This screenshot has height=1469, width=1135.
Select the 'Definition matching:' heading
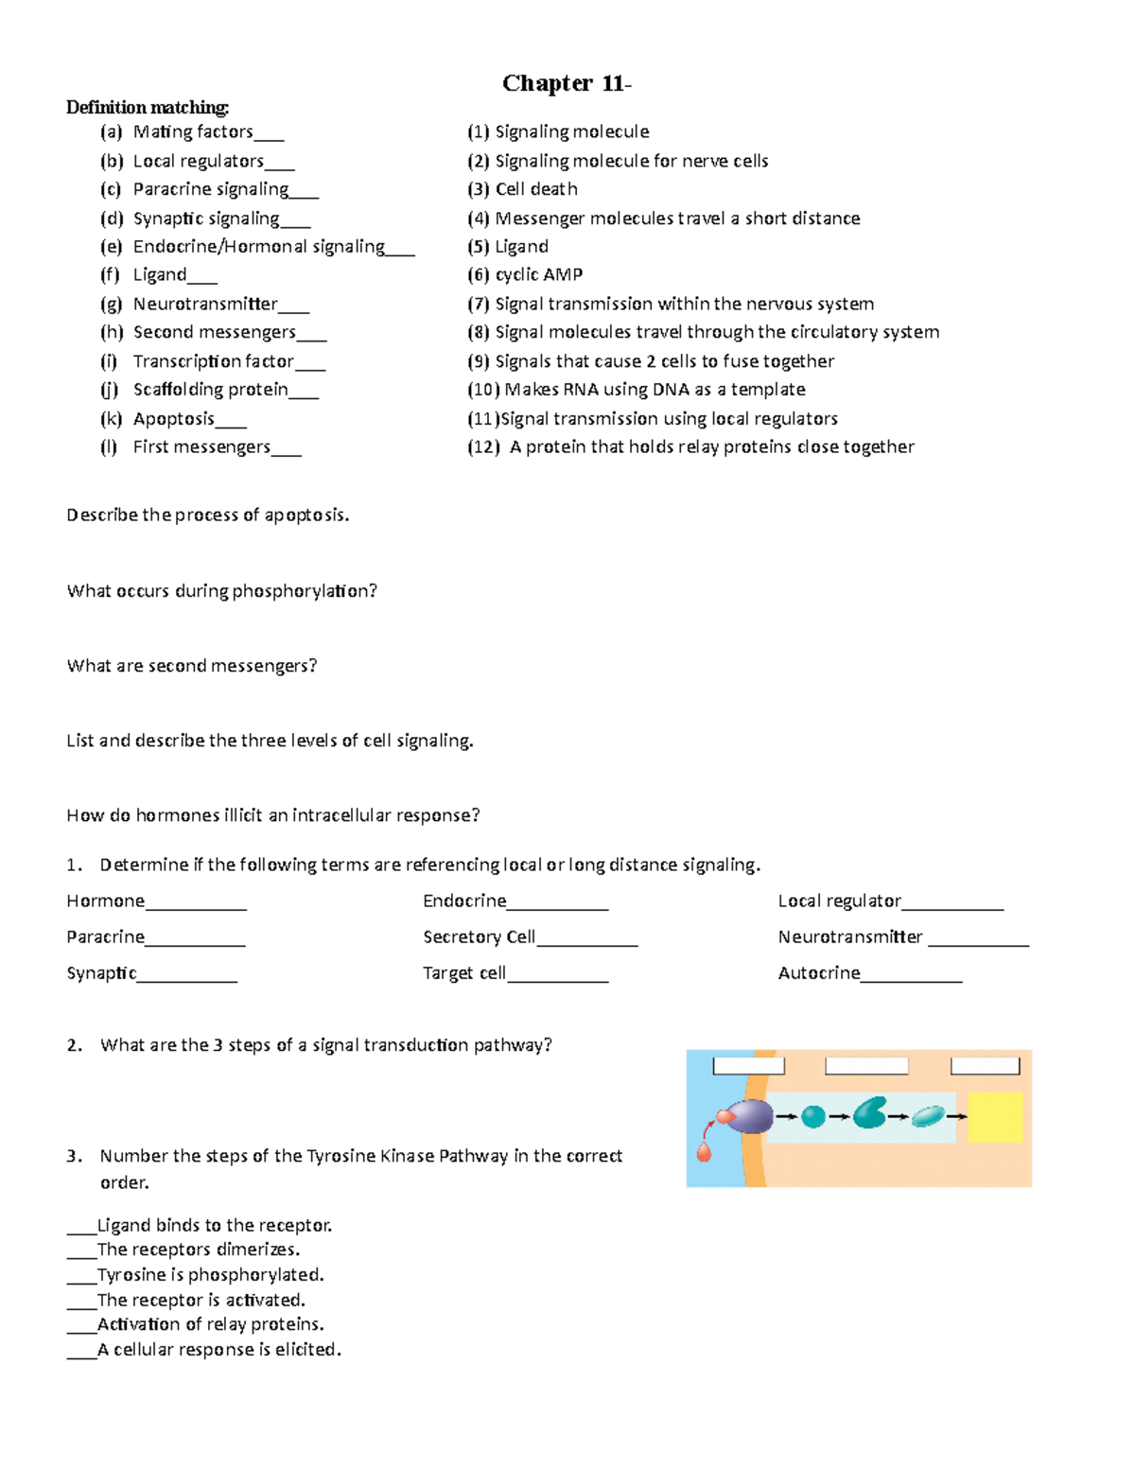click(148, 107)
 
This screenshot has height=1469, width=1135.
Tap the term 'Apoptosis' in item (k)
click(174, 418)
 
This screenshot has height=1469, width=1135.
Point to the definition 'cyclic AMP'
click(538, 274)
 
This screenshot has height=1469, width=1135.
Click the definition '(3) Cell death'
click(522, 189)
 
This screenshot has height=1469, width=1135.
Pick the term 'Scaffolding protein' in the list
click(210, 390)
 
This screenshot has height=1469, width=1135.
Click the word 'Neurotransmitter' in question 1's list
click(849, 936)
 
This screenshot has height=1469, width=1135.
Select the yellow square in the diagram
click(995, 1117)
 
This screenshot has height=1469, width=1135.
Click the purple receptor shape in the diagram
click(752, 1116)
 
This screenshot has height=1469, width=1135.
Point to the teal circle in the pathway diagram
click(812, 1117)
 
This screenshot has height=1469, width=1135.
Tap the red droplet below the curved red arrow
click(704, 1151)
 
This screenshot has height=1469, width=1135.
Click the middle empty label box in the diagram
click(866, 1066)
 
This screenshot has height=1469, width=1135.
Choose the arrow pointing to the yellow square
click(956, 1117)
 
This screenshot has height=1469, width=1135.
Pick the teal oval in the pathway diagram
click(928, 1116)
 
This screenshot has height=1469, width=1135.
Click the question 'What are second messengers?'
click(192, 666)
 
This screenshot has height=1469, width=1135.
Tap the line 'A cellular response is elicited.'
click(219, 1350)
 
